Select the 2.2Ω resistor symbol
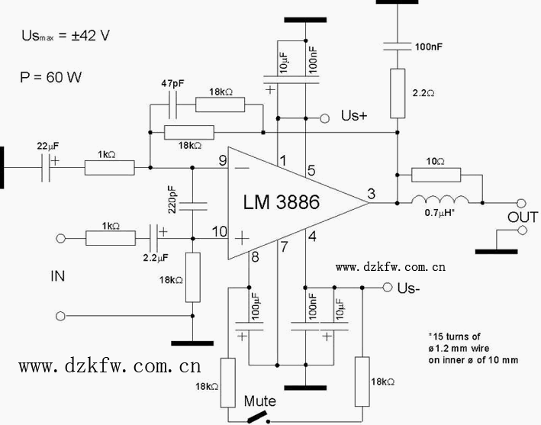[x=398, y=93]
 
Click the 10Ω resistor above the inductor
[x=436, y=174]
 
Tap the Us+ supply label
[x=354, y=116]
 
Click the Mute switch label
[x=259, y=401]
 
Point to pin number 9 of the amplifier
[x=222, y=160]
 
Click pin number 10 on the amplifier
[x=220, y=231]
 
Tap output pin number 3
[x=371, y=195]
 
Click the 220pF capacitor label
[x=174, y=203]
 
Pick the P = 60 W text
[x=50, y=77]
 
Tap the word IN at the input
[x=58, y=275]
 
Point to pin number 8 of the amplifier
[x=255, y=257]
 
